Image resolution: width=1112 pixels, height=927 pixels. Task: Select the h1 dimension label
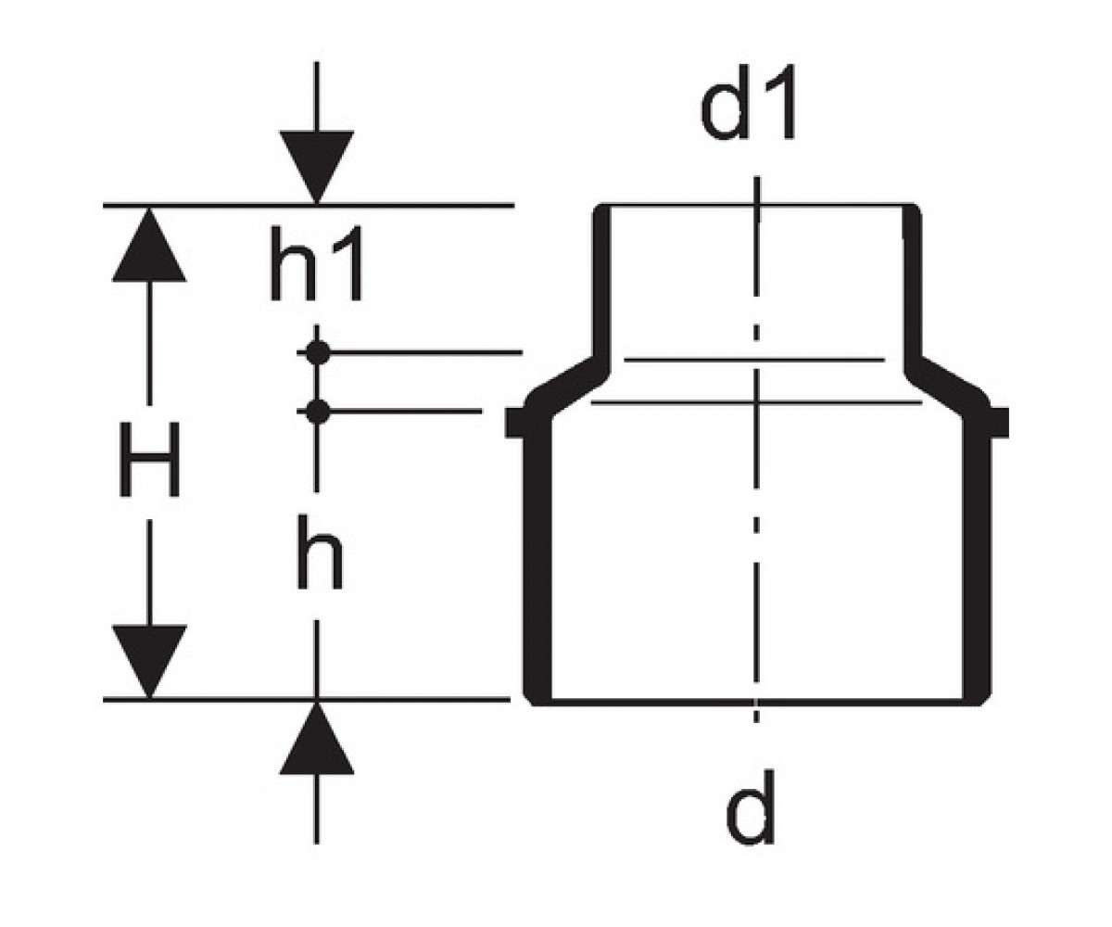317,262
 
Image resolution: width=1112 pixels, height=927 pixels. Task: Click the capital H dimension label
149,459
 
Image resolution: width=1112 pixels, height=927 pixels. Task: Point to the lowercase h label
319,552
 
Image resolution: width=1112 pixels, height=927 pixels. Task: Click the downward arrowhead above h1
317,166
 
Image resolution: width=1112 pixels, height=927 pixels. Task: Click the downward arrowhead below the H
149,661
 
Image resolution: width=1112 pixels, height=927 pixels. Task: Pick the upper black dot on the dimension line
318,352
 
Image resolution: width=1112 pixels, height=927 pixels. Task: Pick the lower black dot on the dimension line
318,412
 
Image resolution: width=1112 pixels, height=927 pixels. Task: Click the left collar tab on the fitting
514,423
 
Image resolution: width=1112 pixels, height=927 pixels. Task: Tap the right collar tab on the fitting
1000,423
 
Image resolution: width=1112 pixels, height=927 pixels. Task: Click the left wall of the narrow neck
601,283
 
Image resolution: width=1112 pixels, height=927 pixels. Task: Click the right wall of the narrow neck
912,283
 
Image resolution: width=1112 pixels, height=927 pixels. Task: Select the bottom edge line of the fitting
757,702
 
